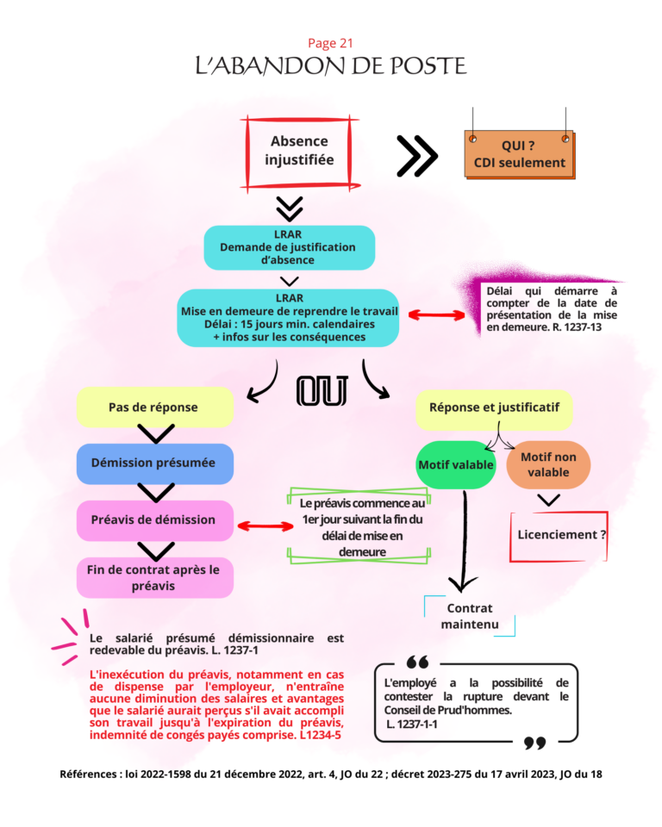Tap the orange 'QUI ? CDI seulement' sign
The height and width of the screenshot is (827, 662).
point(520,154)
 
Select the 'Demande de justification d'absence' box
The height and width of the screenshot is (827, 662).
point(288,247)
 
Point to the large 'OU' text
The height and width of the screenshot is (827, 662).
point(322,391)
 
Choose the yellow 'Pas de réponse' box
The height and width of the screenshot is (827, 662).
point(154,407)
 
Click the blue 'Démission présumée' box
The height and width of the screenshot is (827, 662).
point(154,463)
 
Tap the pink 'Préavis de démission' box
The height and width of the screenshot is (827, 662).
point(154,520)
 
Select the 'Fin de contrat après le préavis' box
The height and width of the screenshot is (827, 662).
point(154,577)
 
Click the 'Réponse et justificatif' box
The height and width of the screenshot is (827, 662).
point(494,407)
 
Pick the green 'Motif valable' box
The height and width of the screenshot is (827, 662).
point(456,465)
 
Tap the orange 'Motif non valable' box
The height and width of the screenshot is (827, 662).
point(548,465)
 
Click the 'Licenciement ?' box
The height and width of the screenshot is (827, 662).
point(560,535)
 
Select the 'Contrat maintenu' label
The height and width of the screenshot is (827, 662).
point(470,616)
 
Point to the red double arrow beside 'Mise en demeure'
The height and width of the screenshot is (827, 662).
point(436,315)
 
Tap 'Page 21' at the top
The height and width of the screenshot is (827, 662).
point(330,43)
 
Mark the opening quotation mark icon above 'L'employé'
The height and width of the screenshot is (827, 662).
point(417,662)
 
